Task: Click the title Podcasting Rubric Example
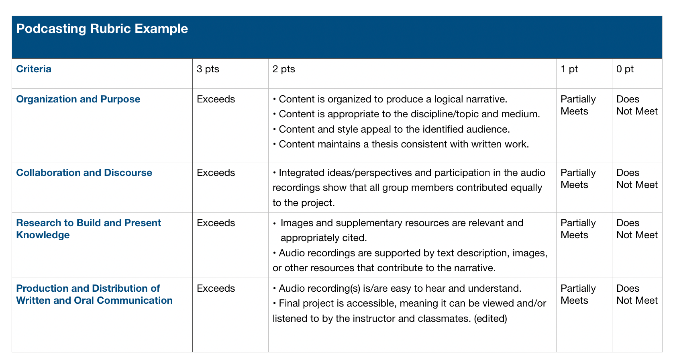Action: coord(102,29)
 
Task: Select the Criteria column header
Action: coord(34,69)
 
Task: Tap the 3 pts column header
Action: coord(208,69)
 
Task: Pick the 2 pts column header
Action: coord(283,69)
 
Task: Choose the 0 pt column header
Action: coord(625,69)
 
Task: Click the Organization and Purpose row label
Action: coord(78,99)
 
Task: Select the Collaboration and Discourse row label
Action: coord(84,172)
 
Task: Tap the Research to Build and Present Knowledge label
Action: coord(89,229)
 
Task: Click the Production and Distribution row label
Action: coord(94,294)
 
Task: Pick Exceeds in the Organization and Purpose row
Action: coord(216,99)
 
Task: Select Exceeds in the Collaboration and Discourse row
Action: coord(216,172)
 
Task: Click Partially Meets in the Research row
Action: coord(578,229)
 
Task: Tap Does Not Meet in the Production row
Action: coord(637,294)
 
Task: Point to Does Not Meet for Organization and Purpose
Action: coord(637,105)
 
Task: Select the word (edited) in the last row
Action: coord(490,319)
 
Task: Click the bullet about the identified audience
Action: coord(392,129)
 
